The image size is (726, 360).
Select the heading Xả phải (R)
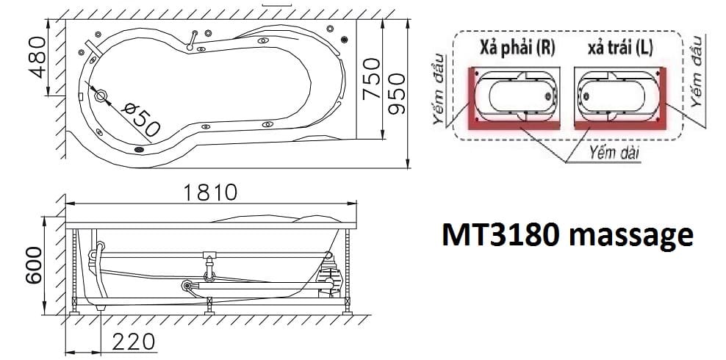coord(517,48)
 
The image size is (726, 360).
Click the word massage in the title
coord(631,237)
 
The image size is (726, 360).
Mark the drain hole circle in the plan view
coord(101,94)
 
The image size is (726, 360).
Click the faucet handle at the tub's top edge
coord(193,40)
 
